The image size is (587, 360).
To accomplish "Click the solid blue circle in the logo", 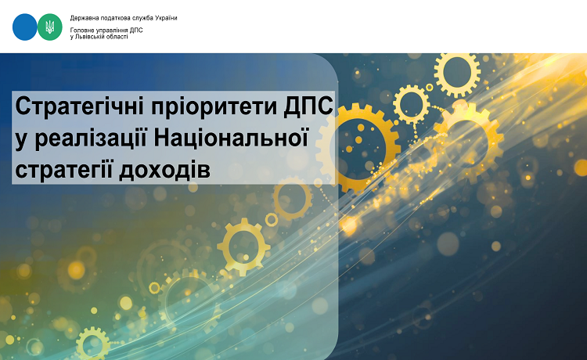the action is pos(25,27).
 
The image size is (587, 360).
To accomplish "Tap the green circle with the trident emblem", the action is pos(50,27).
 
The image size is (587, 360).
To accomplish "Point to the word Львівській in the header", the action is pos(88,37).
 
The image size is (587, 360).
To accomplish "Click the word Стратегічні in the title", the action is pos(80,106).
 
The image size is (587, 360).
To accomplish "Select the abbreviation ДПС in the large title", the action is pos(308,106).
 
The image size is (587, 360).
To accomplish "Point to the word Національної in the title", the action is pos(230,138).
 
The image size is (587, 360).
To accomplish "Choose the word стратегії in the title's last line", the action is pos(64,171).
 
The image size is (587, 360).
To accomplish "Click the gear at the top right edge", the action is pos(457,72).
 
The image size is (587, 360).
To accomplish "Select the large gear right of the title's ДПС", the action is pos(358,148).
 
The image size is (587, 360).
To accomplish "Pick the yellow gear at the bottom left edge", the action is pos(93,343).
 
